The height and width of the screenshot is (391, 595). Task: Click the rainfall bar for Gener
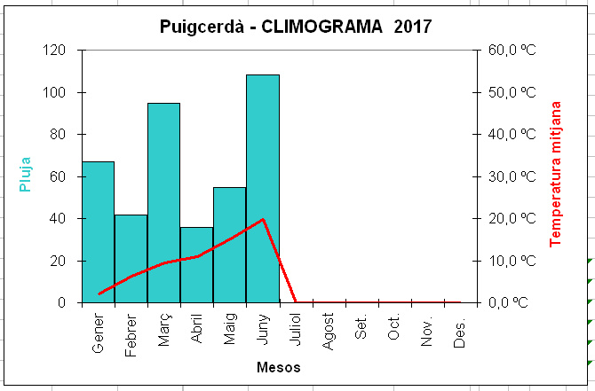99,232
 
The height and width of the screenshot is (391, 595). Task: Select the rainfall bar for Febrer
131,259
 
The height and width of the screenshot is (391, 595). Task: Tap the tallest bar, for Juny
263,189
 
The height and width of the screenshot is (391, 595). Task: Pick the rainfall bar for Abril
197,265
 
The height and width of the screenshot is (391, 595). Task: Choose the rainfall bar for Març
164,203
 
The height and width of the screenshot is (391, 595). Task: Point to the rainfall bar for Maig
230,245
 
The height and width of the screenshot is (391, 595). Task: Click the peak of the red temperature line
263,219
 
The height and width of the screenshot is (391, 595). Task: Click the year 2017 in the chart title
413,27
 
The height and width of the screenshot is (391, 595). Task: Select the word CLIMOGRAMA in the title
321,27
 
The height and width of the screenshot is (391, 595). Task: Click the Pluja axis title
25,175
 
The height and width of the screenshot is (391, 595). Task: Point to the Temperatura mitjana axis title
555,175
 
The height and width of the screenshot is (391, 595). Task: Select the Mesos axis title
279,367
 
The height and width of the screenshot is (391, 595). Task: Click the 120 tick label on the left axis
53,50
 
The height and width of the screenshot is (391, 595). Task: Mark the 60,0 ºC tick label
512,50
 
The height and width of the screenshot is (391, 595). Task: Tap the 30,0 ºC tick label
512,176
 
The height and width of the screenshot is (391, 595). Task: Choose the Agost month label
328,332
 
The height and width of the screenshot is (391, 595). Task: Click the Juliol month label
295,329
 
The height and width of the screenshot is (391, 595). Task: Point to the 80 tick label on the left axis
58,135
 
